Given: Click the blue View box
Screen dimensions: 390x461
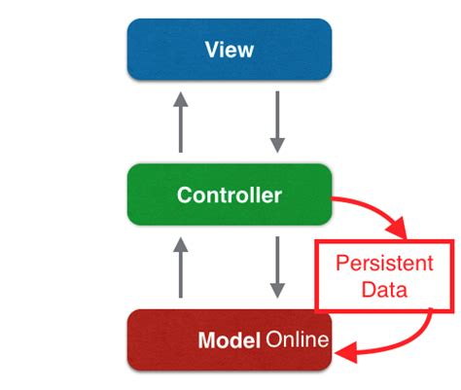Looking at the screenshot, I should (230, 49).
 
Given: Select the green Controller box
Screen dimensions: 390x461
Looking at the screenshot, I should (230, 195).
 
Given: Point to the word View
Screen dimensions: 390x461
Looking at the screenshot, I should (230, 49).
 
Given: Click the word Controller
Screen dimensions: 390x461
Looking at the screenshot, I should (230, 195).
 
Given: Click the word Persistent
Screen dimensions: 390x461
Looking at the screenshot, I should (386, 264).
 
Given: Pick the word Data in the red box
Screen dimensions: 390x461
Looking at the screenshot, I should (386, 289).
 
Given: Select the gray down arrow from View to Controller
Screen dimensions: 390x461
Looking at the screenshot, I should (278, 122).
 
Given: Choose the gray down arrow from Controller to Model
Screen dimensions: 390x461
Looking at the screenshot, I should (278, 267).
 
